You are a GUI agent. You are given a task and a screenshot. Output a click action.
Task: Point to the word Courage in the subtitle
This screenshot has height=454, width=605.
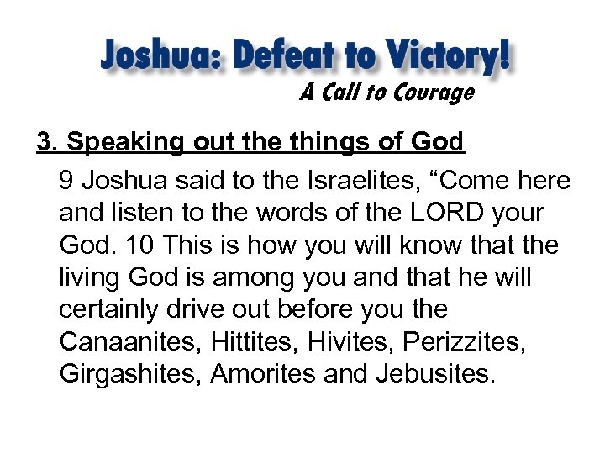pyautogui.click(x=429, y=93)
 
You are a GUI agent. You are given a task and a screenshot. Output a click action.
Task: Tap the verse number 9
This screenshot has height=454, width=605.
pyautogui.click(x=67, y=181)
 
